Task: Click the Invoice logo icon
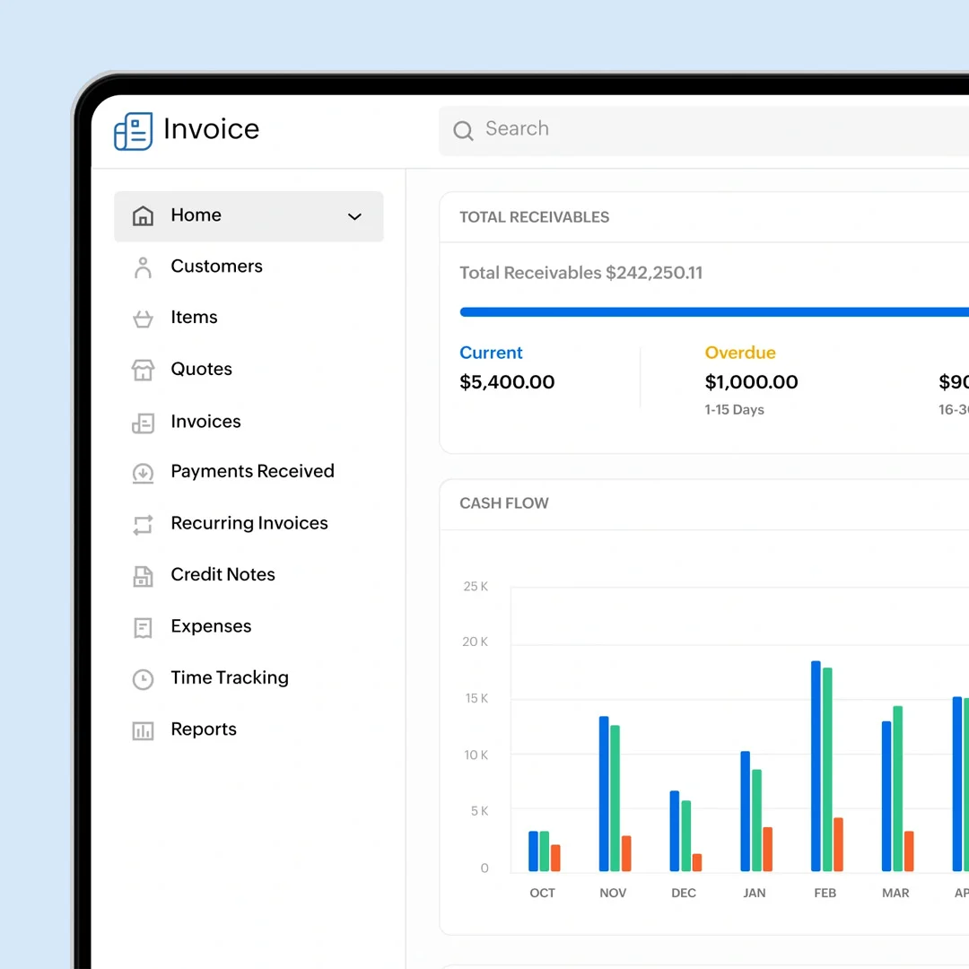(133, 131)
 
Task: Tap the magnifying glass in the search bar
(463, 131)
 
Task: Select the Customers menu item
(216, 266)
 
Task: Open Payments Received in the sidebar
(252, 472)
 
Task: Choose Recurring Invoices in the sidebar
(249, 523)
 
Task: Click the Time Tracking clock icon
(143, 679)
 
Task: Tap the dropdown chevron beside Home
(354, 216)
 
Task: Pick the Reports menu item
(204, 729)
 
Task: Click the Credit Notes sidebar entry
(223, 575)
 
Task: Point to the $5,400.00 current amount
(507, 382)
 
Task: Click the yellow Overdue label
(740, 353)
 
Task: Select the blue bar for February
(816, 766)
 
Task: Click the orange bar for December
(697, 862)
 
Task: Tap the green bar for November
(615, 798)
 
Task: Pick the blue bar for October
(533, 851)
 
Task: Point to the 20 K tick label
(476, 642)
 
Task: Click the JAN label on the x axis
(755, 893)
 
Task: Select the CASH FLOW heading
(504, 503)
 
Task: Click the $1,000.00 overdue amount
(751, 382)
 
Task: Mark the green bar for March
(897, 789)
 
